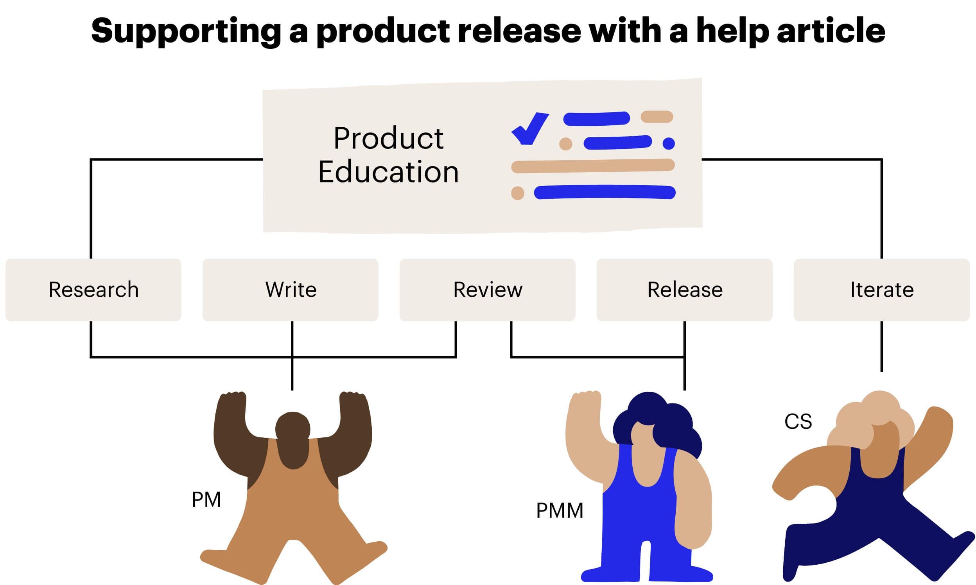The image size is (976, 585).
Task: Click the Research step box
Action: [x=93, y=290]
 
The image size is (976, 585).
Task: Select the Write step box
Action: [x=291, y=290]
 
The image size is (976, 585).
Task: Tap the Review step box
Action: [x=487, y=290]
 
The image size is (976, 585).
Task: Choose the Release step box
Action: [x=684, y=290]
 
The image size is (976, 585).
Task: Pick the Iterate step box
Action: [x=882, y=290]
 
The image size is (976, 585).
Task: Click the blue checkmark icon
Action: [x=529, y=129]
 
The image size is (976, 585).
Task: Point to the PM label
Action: [x=206, y=499]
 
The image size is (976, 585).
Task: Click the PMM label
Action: [x=559, y=510]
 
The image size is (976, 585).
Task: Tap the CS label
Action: [x=798, y=421]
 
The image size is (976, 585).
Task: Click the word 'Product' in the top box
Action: [x=388, y=138]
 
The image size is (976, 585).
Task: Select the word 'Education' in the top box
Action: [x=388, y=172]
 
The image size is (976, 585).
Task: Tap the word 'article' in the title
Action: [x=831, y=30]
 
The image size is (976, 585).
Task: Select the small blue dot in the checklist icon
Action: [x=669, y=143]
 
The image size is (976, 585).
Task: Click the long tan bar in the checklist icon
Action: [x=593, y=166]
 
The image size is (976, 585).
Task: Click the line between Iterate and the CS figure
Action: [x=882, y=346]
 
